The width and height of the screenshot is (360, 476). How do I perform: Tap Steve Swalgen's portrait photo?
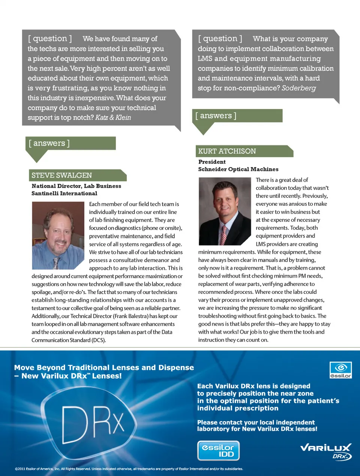pos(58,235)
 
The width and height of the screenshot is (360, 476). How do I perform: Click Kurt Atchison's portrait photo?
pos(225,211)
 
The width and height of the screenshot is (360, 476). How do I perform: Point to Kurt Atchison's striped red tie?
pos(223,235)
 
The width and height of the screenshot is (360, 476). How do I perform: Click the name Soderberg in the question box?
pos(298,88)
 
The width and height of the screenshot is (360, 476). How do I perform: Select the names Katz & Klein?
pos(113,118)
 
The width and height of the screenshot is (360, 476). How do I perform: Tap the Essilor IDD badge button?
pos(218,451)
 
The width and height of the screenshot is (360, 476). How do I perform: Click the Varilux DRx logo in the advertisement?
pos(325,451)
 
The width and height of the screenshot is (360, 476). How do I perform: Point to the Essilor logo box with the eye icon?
pos(340,370)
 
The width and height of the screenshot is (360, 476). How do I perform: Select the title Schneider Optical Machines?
pos(238,169)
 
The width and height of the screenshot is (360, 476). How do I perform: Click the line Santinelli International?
pos(64,193)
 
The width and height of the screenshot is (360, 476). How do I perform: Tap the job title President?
pos(212,162)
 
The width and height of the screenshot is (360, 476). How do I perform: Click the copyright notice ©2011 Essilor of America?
pos(129,469)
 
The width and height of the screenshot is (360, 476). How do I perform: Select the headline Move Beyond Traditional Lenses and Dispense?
pos(104,368)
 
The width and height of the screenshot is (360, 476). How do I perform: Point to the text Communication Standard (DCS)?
pos(69,340)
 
